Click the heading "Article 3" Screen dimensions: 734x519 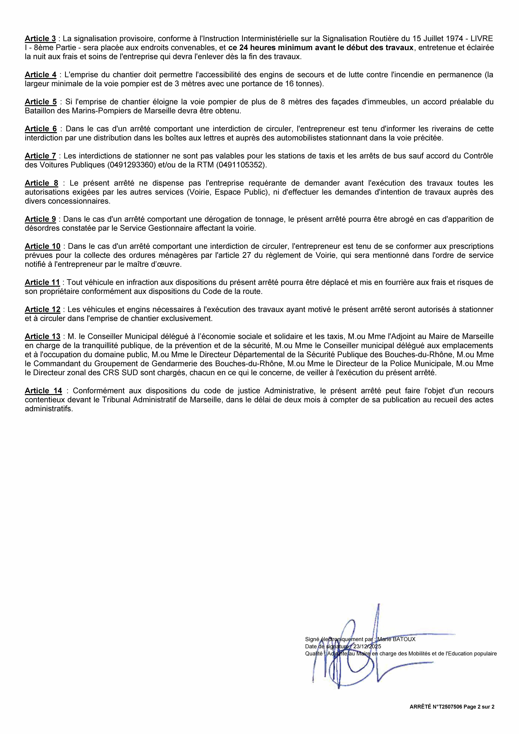click(x=40, y=39)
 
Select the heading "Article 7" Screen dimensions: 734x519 click(x=40, y=156)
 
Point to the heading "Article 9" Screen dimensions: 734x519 click(x=40, y=219)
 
